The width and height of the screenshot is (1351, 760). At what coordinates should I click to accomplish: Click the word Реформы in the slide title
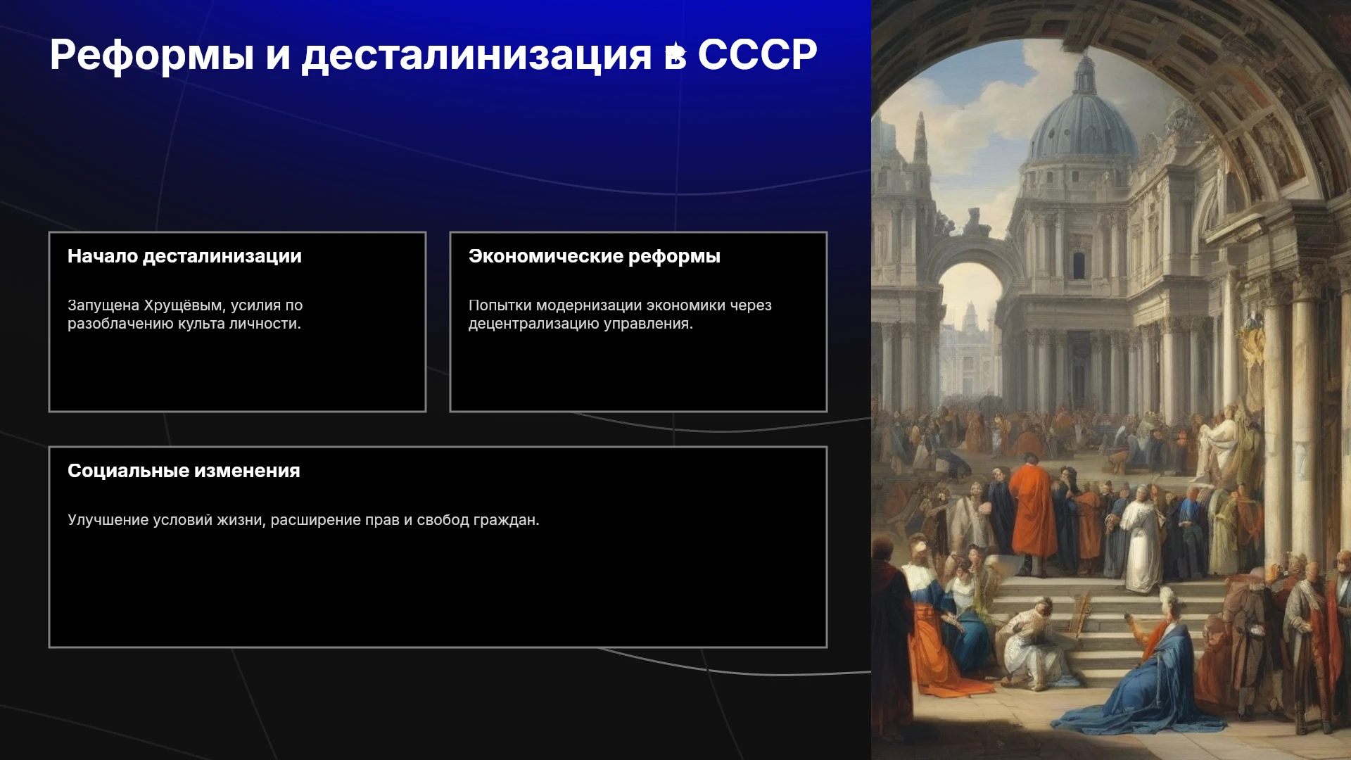click(x=152, y=55)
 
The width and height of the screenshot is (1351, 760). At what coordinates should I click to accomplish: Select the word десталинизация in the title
click(x=476, y=55)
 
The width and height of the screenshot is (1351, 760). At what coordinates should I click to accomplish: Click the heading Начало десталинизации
click(x=184, y=256)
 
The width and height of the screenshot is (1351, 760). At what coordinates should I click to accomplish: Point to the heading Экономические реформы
click(x=595, y=256)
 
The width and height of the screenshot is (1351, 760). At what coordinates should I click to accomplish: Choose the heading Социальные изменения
click(x=184, y=471)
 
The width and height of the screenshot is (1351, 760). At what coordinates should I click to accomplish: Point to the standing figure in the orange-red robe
click(x=1033, y=514)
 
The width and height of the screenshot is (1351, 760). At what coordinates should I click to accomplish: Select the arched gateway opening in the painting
click(x=970, y=331)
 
